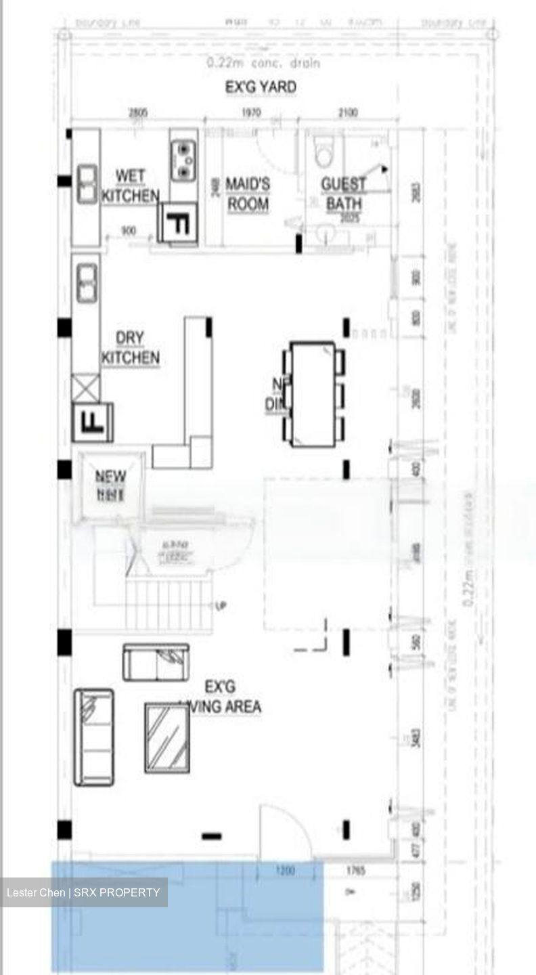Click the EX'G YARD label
coord(261,87)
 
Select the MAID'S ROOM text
coord(247,194)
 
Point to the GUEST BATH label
coord(343,194)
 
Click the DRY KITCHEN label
coord(130,348)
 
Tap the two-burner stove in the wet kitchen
coord(183,160)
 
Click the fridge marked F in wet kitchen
coord(178,223)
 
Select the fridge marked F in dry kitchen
coord(93,422)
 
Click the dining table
coord(313,394)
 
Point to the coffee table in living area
coord(166,737)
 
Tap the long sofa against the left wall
coord(93,737)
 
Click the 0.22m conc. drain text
coord(263,64)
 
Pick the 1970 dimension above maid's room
coord(252,113)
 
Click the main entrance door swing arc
coord(288,829)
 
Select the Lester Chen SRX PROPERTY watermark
coord(83,892)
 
